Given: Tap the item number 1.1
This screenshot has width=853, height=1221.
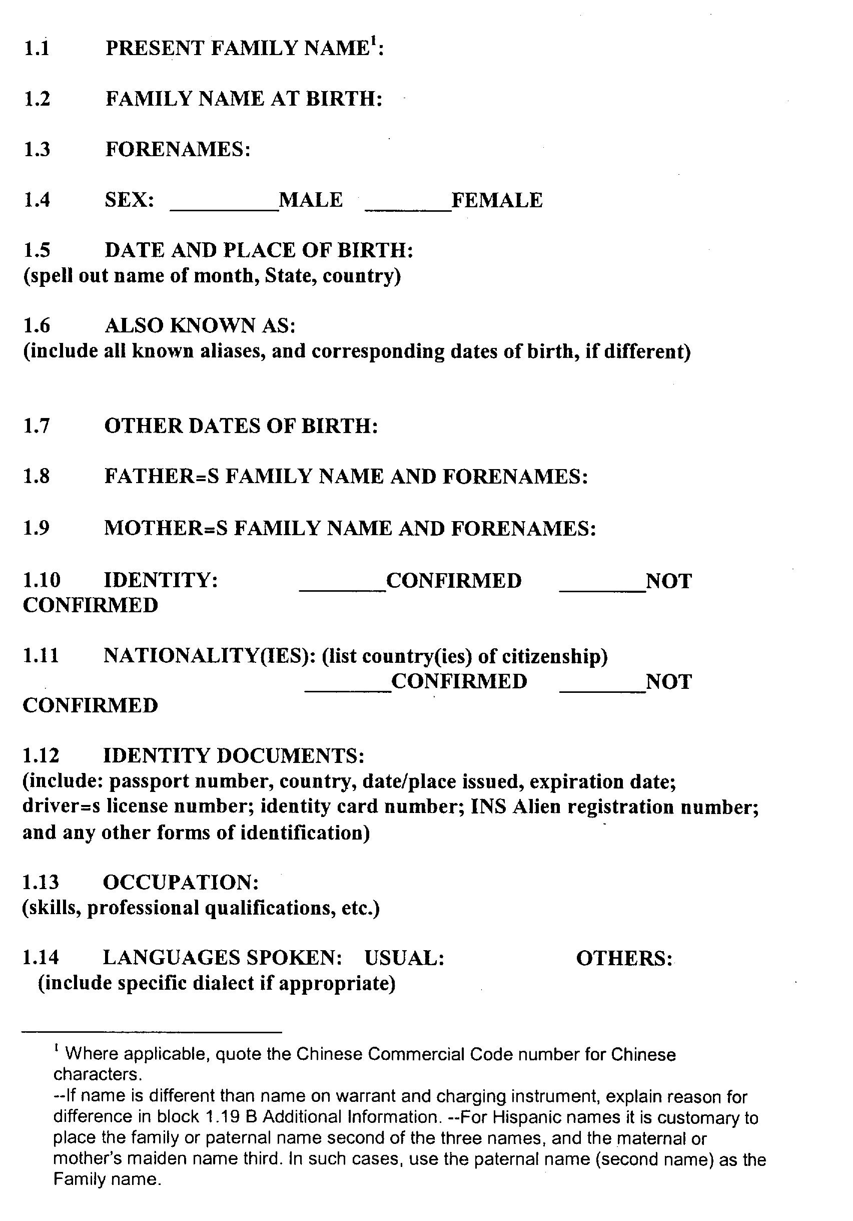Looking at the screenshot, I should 37,49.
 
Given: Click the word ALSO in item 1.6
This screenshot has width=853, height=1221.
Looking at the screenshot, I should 133,325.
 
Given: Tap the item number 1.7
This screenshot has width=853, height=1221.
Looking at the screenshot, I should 36,426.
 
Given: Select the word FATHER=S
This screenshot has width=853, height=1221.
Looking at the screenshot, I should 161,477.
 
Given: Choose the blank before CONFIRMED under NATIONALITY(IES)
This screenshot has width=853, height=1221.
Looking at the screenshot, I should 348,690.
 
